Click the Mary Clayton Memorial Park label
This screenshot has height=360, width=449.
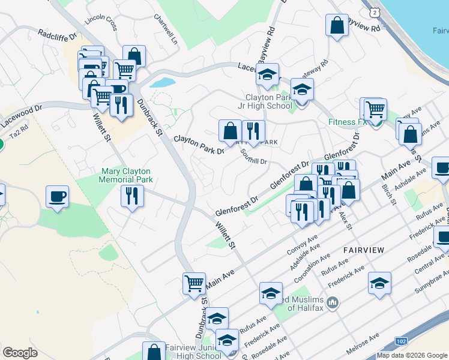pyautogui.click(x=126, y=175)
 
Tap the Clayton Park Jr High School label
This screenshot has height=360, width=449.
pyautogui.click(x=268, y=101)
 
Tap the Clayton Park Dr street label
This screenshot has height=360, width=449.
pyautogui.click(x=199, y=145)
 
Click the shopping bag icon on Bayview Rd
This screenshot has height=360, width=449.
pyautogui.click(x=337, y=25)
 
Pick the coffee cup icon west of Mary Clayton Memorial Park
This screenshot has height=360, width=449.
pyautogui.click(x=57, y=196)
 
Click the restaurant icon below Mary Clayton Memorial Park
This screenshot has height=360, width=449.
pyautogui.click(x=131, y=196)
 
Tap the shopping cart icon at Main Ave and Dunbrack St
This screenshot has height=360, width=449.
pyautogui.click(x=194, y=283)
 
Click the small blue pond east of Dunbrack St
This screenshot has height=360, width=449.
pyautogui.click(x=162, y=82)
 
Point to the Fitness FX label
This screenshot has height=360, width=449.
pyautogui.click(x=347, y=122)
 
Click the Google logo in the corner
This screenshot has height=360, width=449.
pyautogui.click(x=20, y=353)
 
